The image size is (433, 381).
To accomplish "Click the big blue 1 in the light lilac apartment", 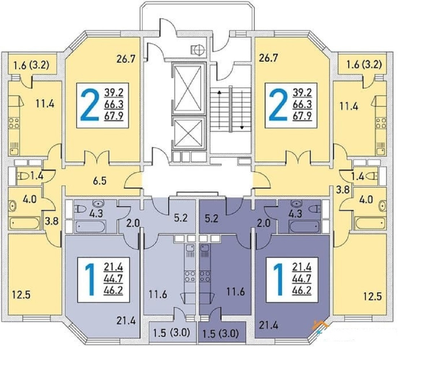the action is pos(89,280).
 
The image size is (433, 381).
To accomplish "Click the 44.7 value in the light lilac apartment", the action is pos(113,279).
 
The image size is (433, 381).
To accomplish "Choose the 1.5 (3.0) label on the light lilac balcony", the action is pos(171,333).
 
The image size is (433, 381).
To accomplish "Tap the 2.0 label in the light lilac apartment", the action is pos(133,223).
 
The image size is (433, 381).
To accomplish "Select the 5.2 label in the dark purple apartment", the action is pos(211,218).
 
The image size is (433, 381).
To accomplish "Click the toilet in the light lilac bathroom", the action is pos(81,209).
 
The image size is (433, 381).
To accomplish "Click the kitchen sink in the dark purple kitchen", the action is pos(204,248).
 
